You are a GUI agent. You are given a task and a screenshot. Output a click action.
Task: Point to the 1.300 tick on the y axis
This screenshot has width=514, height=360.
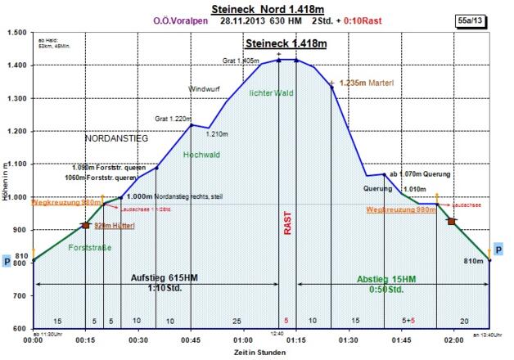[x=15, y=98]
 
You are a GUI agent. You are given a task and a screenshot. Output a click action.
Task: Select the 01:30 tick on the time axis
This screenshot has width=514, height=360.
[x=349, y=338]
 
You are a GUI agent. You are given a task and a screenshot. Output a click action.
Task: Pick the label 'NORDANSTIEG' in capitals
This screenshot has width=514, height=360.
[x=116, y=139]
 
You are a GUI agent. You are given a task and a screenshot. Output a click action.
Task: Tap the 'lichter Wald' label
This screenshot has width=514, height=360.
[x=271, y=93]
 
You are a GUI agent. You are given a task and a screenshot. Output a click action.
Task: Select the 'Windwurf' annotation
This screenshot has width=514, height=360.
[x=205, y=88]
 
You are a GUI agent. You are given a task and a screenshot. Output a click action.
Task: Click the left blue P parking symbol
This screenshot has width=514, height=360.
[x=7, y=261]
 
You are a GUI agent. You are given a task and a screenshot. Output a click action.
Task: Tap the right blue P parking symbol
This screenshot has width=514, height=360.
[x=498, y=250]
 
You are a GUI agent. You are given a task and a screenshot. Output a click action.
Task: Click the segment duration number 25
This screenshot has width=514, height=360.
[x=236, y=320]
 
